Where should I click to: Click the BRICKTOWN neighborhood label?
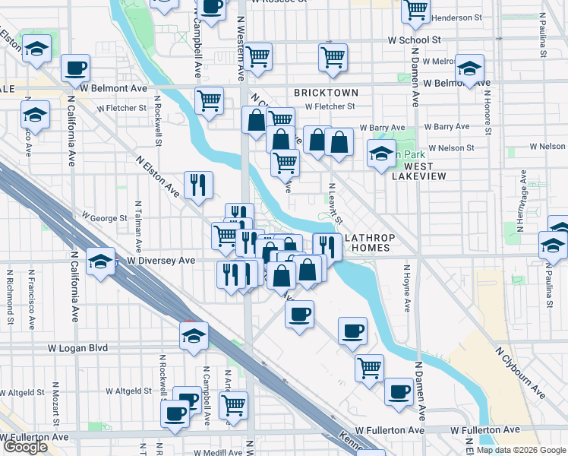click(325, 92)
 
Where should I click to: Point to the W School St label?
click(414, 40)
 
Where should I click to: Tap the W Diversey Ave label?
click(161, 261)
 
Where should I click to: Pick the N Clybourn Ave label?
click(520, 373)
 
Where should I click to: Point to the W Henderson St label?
click(457, 17)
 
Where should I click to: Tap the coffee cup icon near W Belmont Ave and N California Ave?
click(75, 68)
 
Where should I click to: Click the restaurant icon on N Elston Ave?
click(198, 185)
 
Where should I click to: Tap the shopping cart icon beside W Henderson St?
click(415, 8)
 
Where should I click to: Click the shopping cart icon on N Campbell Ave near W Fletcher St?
click(209, 100)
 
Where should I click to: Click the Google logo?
click(25, 448)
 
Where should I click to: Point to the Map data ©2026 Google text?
click(521, 450)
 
